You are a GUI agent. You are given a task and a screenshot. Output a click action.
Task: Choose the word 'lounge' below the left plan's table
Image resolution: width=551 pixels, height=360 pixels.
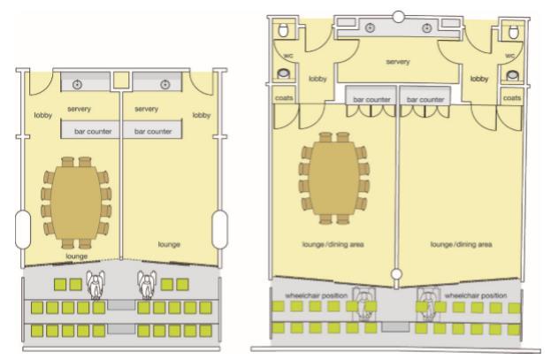[x=78, y=256]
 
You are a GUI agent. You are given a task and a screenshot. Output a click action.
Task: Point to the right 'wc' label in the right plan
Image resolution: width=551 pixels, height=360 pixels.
[x=510, y=55]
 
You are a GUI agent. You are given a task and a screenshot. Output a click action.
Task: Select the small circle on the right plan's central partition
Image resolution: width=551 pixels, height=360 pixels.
[x=398, y=273]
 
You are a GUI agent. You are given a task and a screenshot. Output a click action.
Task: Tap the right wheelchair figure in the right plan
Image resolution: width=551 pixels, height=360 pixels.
[x=431, y=304]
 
